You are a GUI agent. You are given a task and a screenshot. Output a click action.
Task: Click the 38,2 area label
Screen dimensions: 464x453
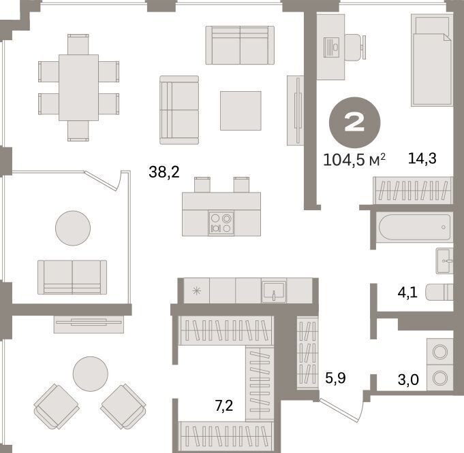tap(164, 172)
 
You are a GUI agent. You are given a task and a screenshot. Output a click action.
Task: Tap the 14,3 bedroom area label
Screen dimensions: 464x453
tap(422, 158)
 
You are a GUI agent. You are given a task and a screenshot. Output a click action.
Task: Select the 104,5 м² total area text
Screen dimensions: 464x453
tap(354, 160)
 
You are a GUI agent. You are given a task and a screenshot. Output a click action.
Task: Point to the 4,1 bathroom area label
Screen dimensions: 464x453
tap(407, 292)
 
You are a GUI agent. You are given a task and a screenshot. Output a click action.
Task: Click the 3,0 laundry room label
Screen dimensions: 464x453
tap(408, 380)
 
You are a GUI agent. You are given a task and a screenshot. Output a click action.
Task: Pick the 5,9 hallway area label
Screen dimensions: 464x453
tap(335, 378)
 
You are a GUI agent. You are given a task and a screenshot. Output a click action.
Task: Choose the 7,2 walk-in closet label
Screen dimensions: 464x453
tap(223, 405)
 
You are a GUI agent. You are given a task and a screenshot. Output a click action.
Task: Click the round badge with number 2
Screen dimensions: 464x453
tap(354, 122)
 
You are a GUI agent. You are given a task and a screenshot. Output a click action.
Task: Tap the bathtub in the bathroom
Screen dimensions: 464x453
tap(414, 227)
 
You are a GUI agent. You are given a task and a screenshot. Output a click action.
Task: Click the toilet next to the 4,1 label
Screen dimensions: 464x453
tap(439, 292)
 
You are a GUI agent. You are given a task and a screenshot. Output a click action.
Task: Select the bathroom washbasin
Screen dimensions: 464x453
tap(444, 261)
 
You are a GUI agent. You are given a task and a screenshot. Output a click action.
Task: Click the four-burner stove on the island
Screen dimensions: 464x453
tap(221, 223)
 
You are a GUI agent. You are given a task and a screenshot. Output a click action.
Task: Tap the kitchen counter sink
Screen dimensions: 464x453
tap(274, 291)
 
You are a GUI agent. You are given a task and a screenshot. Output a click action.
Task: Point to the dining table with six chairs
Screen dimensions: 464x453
tap(78, 88)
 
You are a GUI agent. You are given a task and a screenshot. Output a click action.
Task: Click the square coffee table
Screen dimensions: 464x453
tap(241, 110)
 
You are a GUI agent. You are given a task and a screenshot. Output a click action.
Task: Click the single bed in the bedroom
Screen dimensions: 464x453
tap(432, 61)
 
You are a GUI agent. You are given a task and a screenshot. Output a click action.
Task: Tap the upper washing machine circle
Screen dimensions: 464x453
tap(439, 352)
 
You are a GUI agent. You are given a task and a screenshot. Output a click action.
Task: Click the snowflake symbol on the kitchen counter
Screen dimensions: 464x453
tap(196, 291)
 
